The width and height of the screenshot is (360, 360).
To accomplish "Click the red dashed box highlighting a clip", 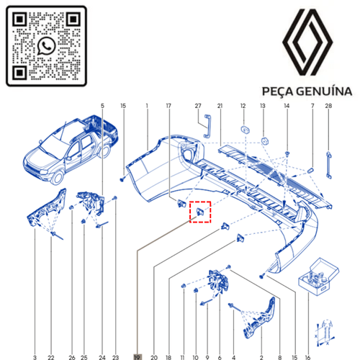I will [x=199, y=212].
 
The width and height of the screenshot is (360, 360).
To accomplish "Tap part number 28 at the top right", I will [x=328, y=107].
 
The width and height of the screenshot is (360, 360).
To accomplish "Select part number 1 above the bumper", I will [x=146, y=107].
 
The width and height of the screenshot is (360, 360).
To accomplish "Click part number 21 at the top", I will [x=220, y=107].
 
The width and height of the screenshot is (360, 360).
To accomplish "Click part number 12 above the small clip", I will [x=243, y=107].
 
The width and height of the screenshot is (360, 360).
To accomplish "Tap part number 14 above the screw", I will [x=287, y=107].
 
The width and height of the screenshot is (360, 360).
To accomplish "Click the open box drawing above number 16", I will [x=315, y=276].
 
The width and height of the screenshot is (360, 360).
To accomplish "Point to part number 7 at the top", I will [x=312, y=107].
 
